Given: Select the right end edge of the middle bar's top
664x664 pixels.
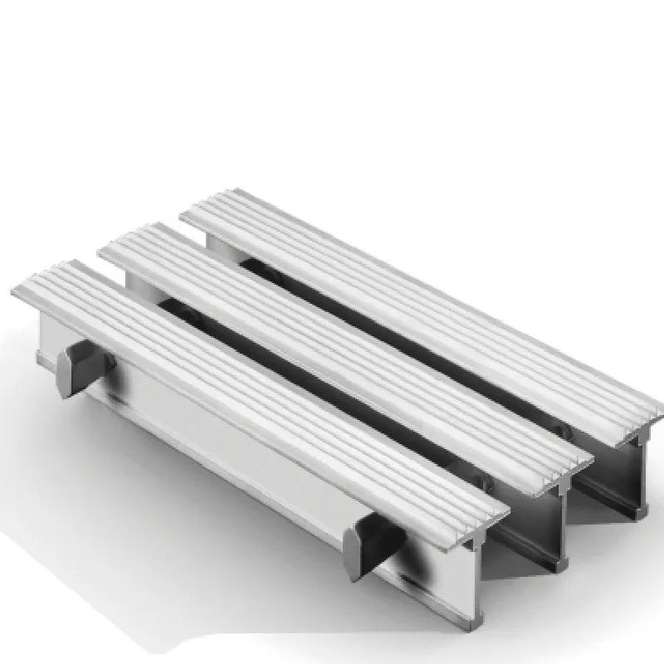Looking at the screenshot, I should [x=581, y=456].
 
